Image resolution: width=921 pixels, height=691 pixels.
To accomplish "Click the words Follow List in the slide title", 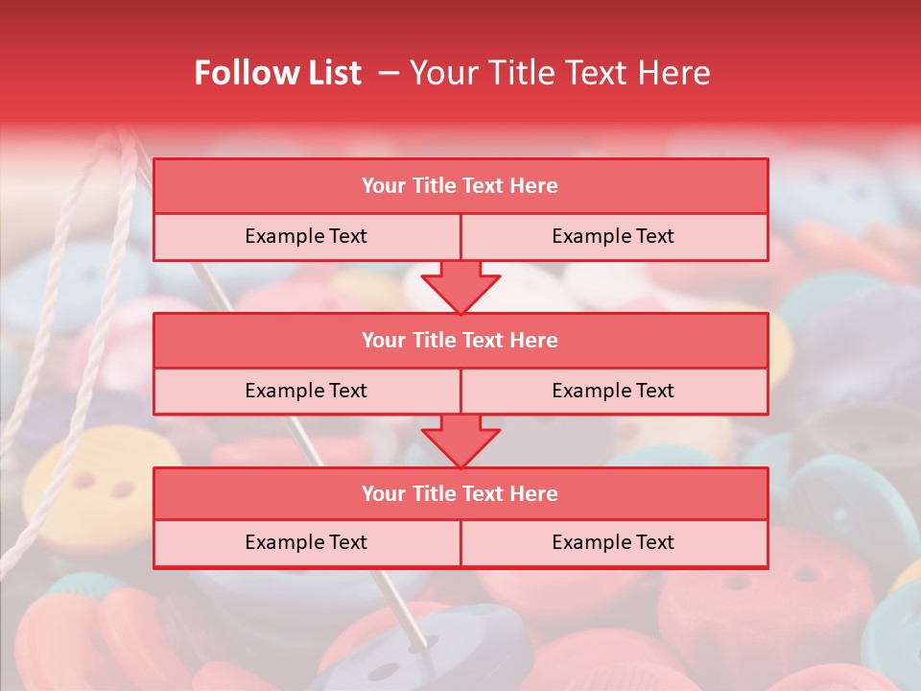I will coord(277,73).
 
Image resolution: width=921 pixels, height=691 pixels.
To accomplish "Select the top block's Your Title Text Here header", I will coord(460,186).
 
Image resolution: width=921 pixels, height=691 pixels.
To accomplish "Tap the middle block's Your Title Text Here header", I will coord(460,340).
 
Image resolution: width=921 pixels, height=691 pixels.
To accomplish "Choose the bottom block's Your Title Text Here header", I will coord(460,493).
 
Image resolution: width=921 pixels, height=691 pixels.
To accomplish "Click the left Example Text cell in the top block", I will coord(306,236).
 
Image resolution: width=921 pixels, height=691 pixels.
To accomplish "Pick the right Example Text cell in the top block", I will coord(613,236).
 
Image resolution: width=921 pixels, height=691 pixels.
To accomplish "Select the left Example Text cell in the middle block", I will coord(306,391).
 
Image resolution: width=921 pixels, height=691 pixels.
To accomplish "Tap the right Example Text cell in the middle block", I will coord(613,391).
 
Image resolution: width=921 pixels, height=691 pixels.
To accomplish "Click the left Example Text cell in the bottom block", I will coord(306,542).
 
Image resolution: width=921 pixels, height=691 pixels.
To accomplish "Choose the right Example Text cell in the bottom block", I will coord(613,542).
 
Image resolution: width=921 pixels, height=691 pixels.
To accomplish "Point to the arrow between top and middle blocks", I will coord(460,287).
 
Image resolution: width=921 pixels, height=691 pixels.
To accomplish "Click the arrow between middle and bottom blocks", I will coord(460,441).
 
